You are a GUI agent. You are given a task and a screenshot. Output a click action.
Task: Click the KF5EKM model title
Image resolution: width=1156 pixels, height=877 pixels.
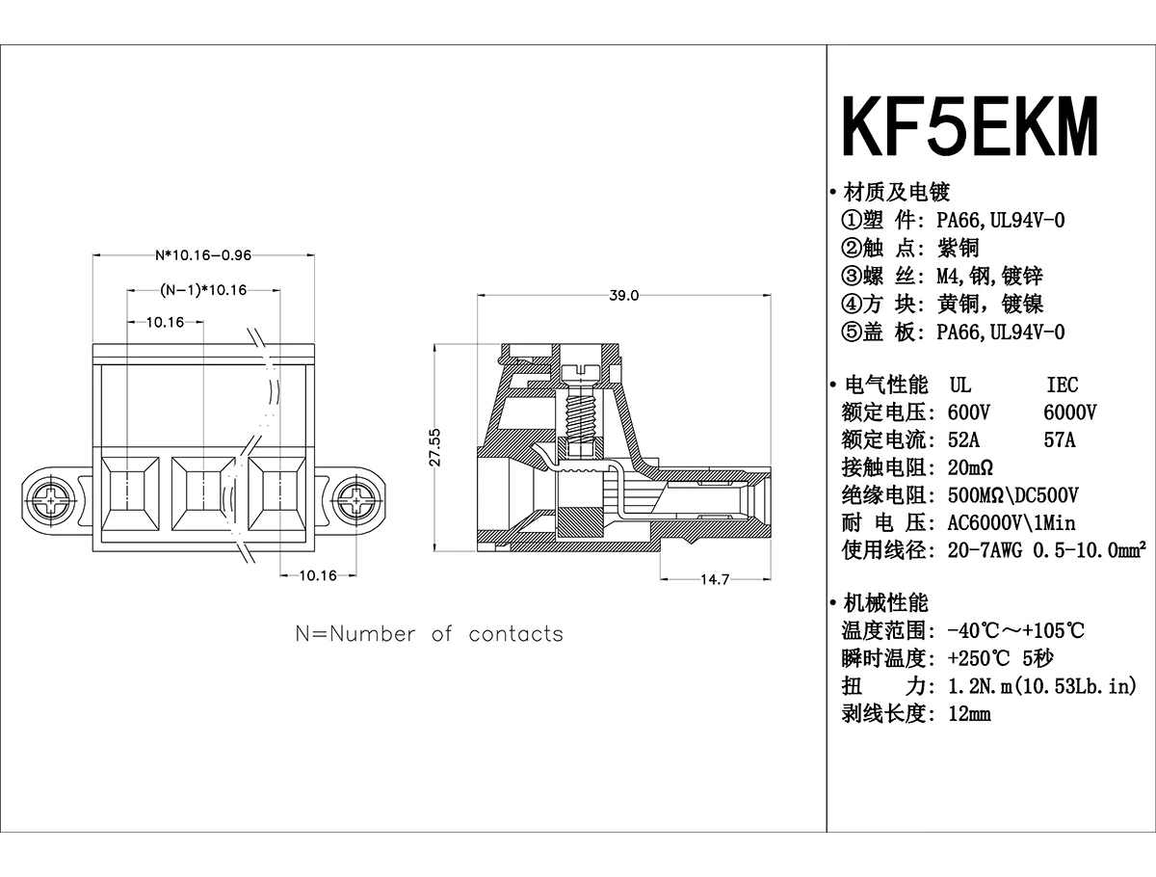(970, 126)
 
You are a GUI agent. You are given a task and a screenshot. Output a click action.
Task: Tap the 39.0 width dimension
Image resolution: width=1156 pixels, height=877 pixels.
(623, 296)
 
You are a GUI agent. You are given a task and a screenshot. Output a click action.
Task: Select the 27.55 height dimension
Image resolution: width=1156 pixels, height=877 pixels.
(434, 448)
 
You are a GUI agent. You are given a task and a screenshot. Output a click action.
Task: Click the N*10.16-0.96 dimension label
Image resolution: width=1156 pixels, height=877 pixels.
(203, 256)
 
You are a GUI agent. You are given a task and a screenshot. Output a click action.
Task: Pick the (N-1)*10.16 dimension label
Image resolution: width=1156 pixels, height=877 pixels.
(203, 290)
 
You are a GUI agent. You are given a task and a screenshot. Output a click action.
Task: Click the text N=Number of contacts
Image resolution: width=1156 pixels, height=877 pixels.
(429, 634)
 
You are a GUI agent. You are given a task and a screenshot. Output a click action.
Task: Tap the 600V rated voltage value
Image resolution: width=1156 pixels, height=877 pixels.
(969, 412)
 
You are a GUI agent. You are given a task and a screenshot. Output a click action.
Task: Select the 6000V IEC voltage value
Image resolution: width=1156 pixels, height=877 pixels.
(1070, 412)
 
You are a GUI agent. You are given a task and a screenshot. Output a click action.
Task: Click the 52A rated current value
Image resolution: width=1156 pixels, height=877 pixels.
(965, 440)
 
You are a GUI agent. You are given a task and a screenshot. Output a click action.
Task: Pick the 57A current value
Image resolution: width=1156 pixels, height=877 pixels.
(1060, 440)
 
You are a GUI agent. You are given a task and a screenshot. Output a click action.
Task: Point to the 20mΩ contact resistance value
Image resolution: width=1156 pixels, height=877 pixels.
(971, 468)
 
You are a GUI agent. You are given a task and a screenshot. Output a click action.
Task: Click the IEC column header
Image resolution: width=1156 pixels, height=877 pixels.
(1063, 385)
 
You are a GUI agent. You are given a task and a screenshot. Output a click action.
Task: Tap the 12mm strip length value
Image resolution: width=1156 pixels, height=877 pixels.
(969, 714)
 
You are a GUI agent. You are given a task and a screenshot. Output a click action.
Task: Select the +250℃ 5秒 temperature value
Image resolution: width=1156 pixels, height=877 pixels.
(1001, 659)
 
